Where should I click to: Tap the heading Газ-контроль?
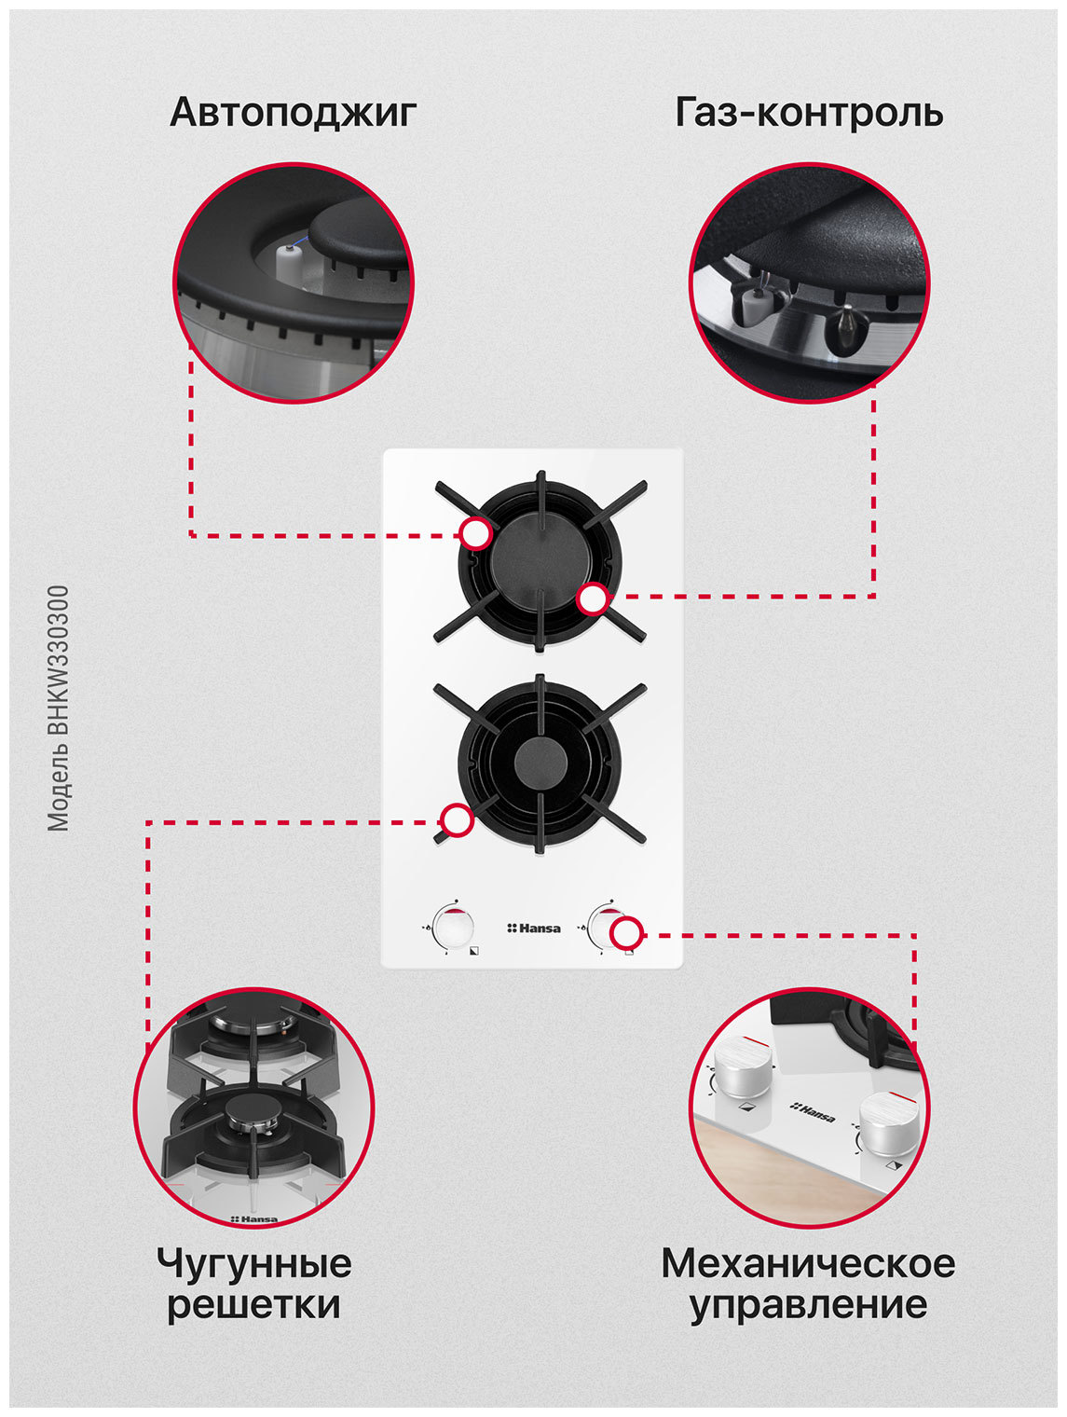[x=809, y=112]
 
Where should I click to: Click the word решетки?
[x=254, y=1306]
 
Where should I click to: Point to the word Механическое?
[x=808, y=1263]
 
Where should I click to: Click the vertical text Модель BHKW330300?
[x=58, y=708]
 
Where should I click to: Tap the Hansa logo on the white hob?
[x=533, y=929]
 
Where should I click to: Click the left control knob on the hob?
[x=454, y=929]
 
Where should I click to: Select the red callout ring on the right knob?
[x=626, y=933]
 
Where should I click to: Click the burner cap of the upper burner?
[x=540, y=560]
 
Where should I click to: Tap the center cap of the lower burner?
[x=540, y=759]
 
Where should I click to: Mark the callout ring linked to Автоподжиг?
[x=476, y=534]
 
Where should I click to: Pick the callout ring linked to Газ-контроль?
[x=592, y=598]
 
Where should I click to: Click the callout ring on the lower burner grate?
[x=457, y=820]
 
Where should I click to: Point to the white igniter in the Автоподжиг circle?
[x=288, y=261]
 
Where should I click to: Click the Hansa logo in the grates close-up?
[x=254, y=1218]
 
